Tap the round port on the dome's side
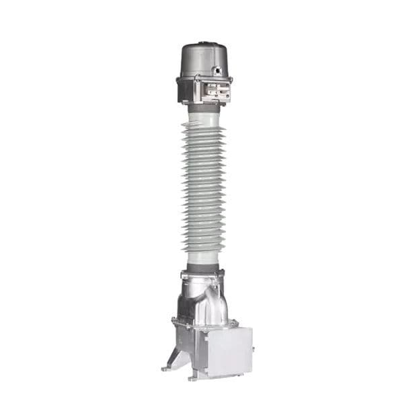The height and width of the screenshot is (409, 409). point(216,70)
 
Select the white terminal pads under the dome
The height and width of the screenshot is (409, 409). point(217,91)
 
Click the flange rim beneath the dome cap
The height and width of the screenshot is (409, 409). point(204,79)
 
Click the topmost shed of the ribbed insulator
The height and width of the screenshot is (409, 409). point(203,128)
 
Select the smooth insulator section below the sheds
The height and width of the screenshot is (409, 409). point(203,258)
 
